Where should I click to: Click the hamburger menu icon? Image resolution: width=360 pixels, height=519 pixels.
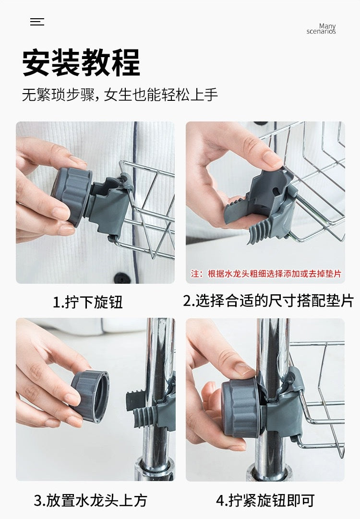tap(37, 22)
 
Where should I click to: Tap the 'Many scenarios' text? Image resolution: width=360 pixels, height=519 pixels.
tap(321, 29)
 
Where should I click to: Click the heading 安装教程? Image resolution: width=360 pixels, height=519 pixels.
tap(81, 63)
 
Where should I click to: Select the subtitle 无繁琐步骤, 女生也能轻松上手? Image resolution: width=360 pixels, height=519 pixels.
tap(120, 95)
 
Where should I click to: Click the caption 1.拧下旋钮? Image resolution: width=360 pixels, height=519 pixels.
tap(87, 302)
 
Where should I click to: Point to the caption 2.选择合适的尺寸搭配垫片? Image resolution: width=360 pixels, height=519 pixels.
tap(268, 301)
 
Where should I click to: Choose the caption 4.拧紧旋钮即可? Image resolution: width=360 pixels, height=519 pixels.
tap(265, 501)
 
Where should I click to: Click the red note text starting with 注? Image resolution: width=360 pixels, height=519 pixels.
tap(266, 274)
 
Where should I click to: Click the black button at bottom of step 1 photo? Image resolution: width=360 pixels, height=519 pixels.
tap(122, 278)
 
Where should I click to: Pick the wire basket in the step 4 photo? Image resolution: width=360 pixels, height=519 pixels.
tap(322, 394)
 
